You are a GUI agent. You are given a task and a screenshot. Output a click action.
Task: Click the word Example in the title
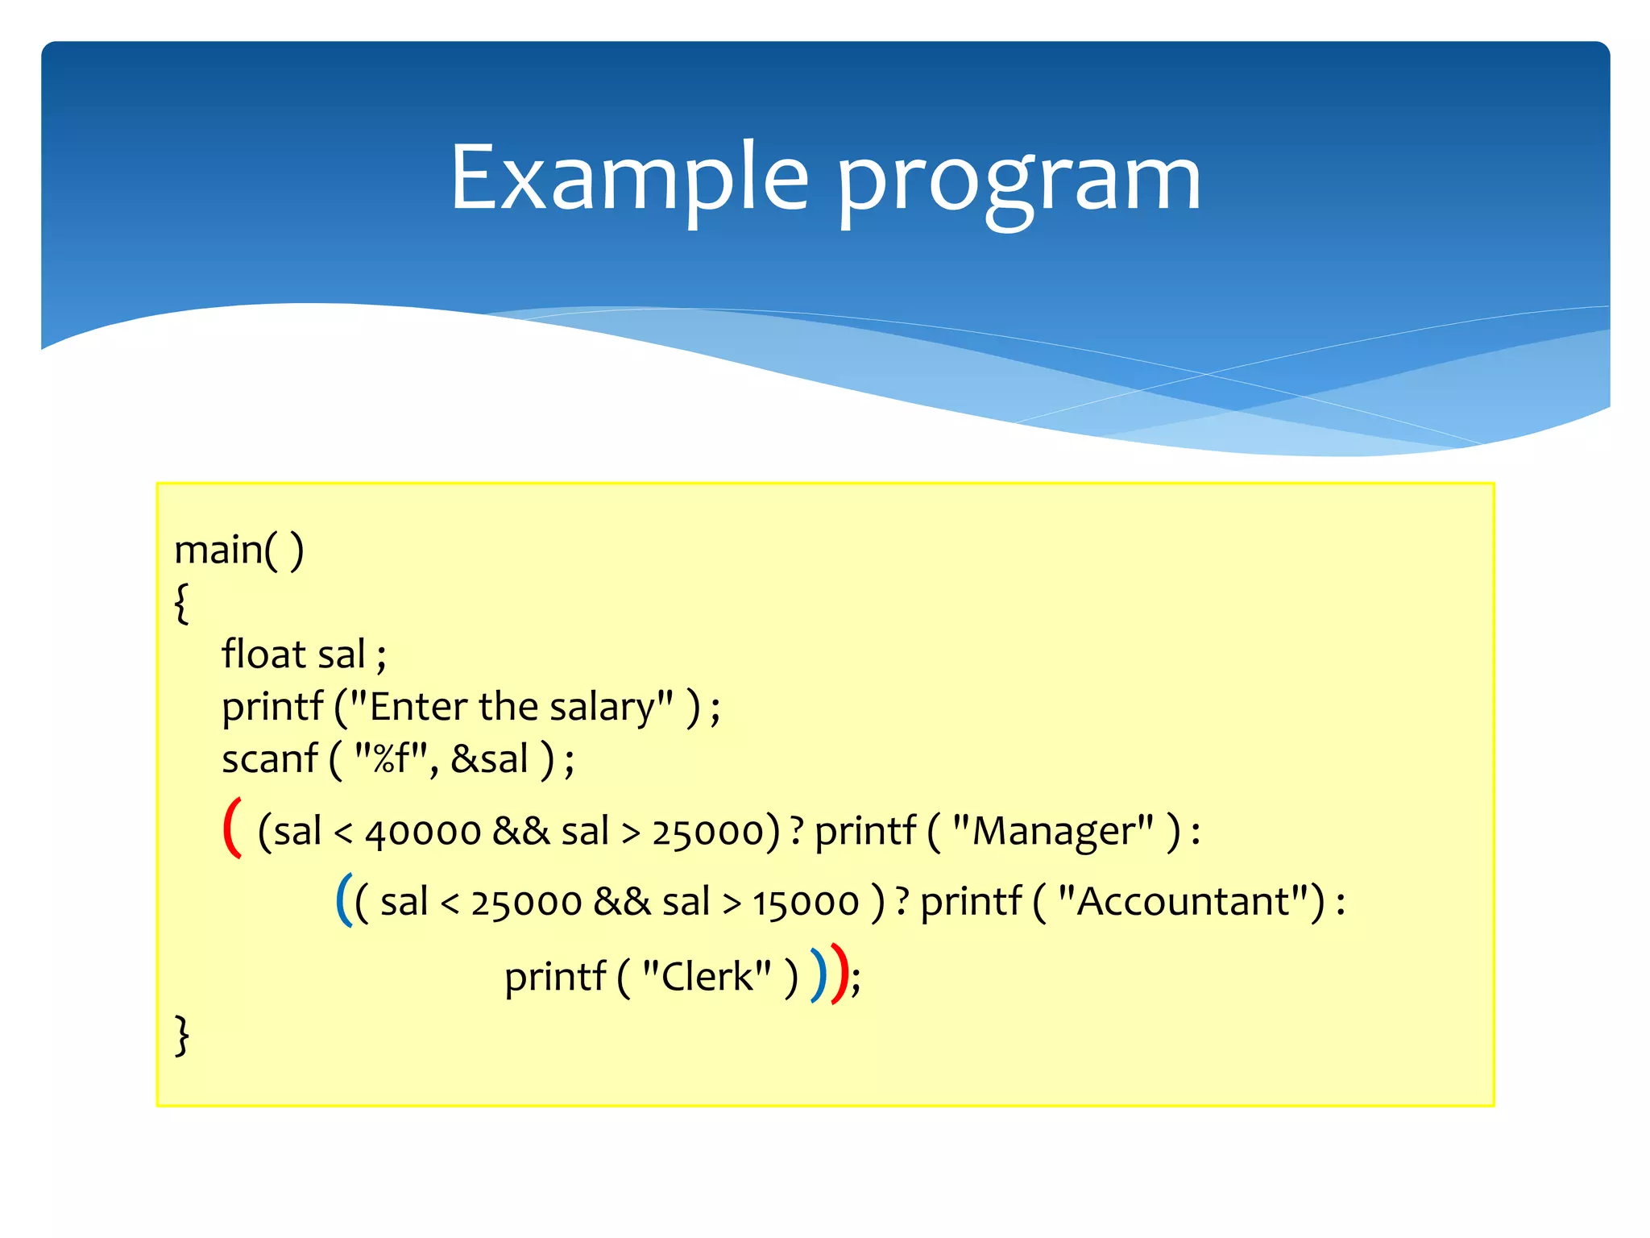click(x=629, y=177)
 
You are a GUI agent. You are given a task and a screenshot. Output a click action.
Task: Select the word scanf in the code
click(x=270, y=759)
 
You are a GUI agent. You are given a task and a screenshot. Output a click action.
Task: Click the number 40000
click(x=423, y=833)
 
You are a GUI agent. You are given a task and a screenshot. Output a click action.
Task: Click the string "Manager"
click(x=1053, y=831)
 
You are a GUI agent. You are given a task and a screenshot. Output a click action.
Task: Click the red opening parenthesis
click(x=232, y=828)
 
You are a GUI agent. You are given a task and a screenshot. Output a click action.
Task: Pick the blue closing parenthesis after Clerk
click(x=819, y=975)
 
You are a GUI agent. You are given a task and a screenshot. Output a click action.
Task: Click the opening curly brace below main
click(x=182, y=603)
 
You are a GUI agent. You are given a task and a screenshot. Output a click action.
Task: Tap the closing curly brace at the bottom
click(x=183, y=1035)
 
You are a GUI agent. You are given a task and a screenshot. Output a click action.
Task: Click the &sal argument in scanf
click(x=489, y=759)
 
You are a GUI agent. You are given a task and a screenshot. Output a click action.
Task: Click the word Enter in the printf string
click(x=419, y=707)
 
